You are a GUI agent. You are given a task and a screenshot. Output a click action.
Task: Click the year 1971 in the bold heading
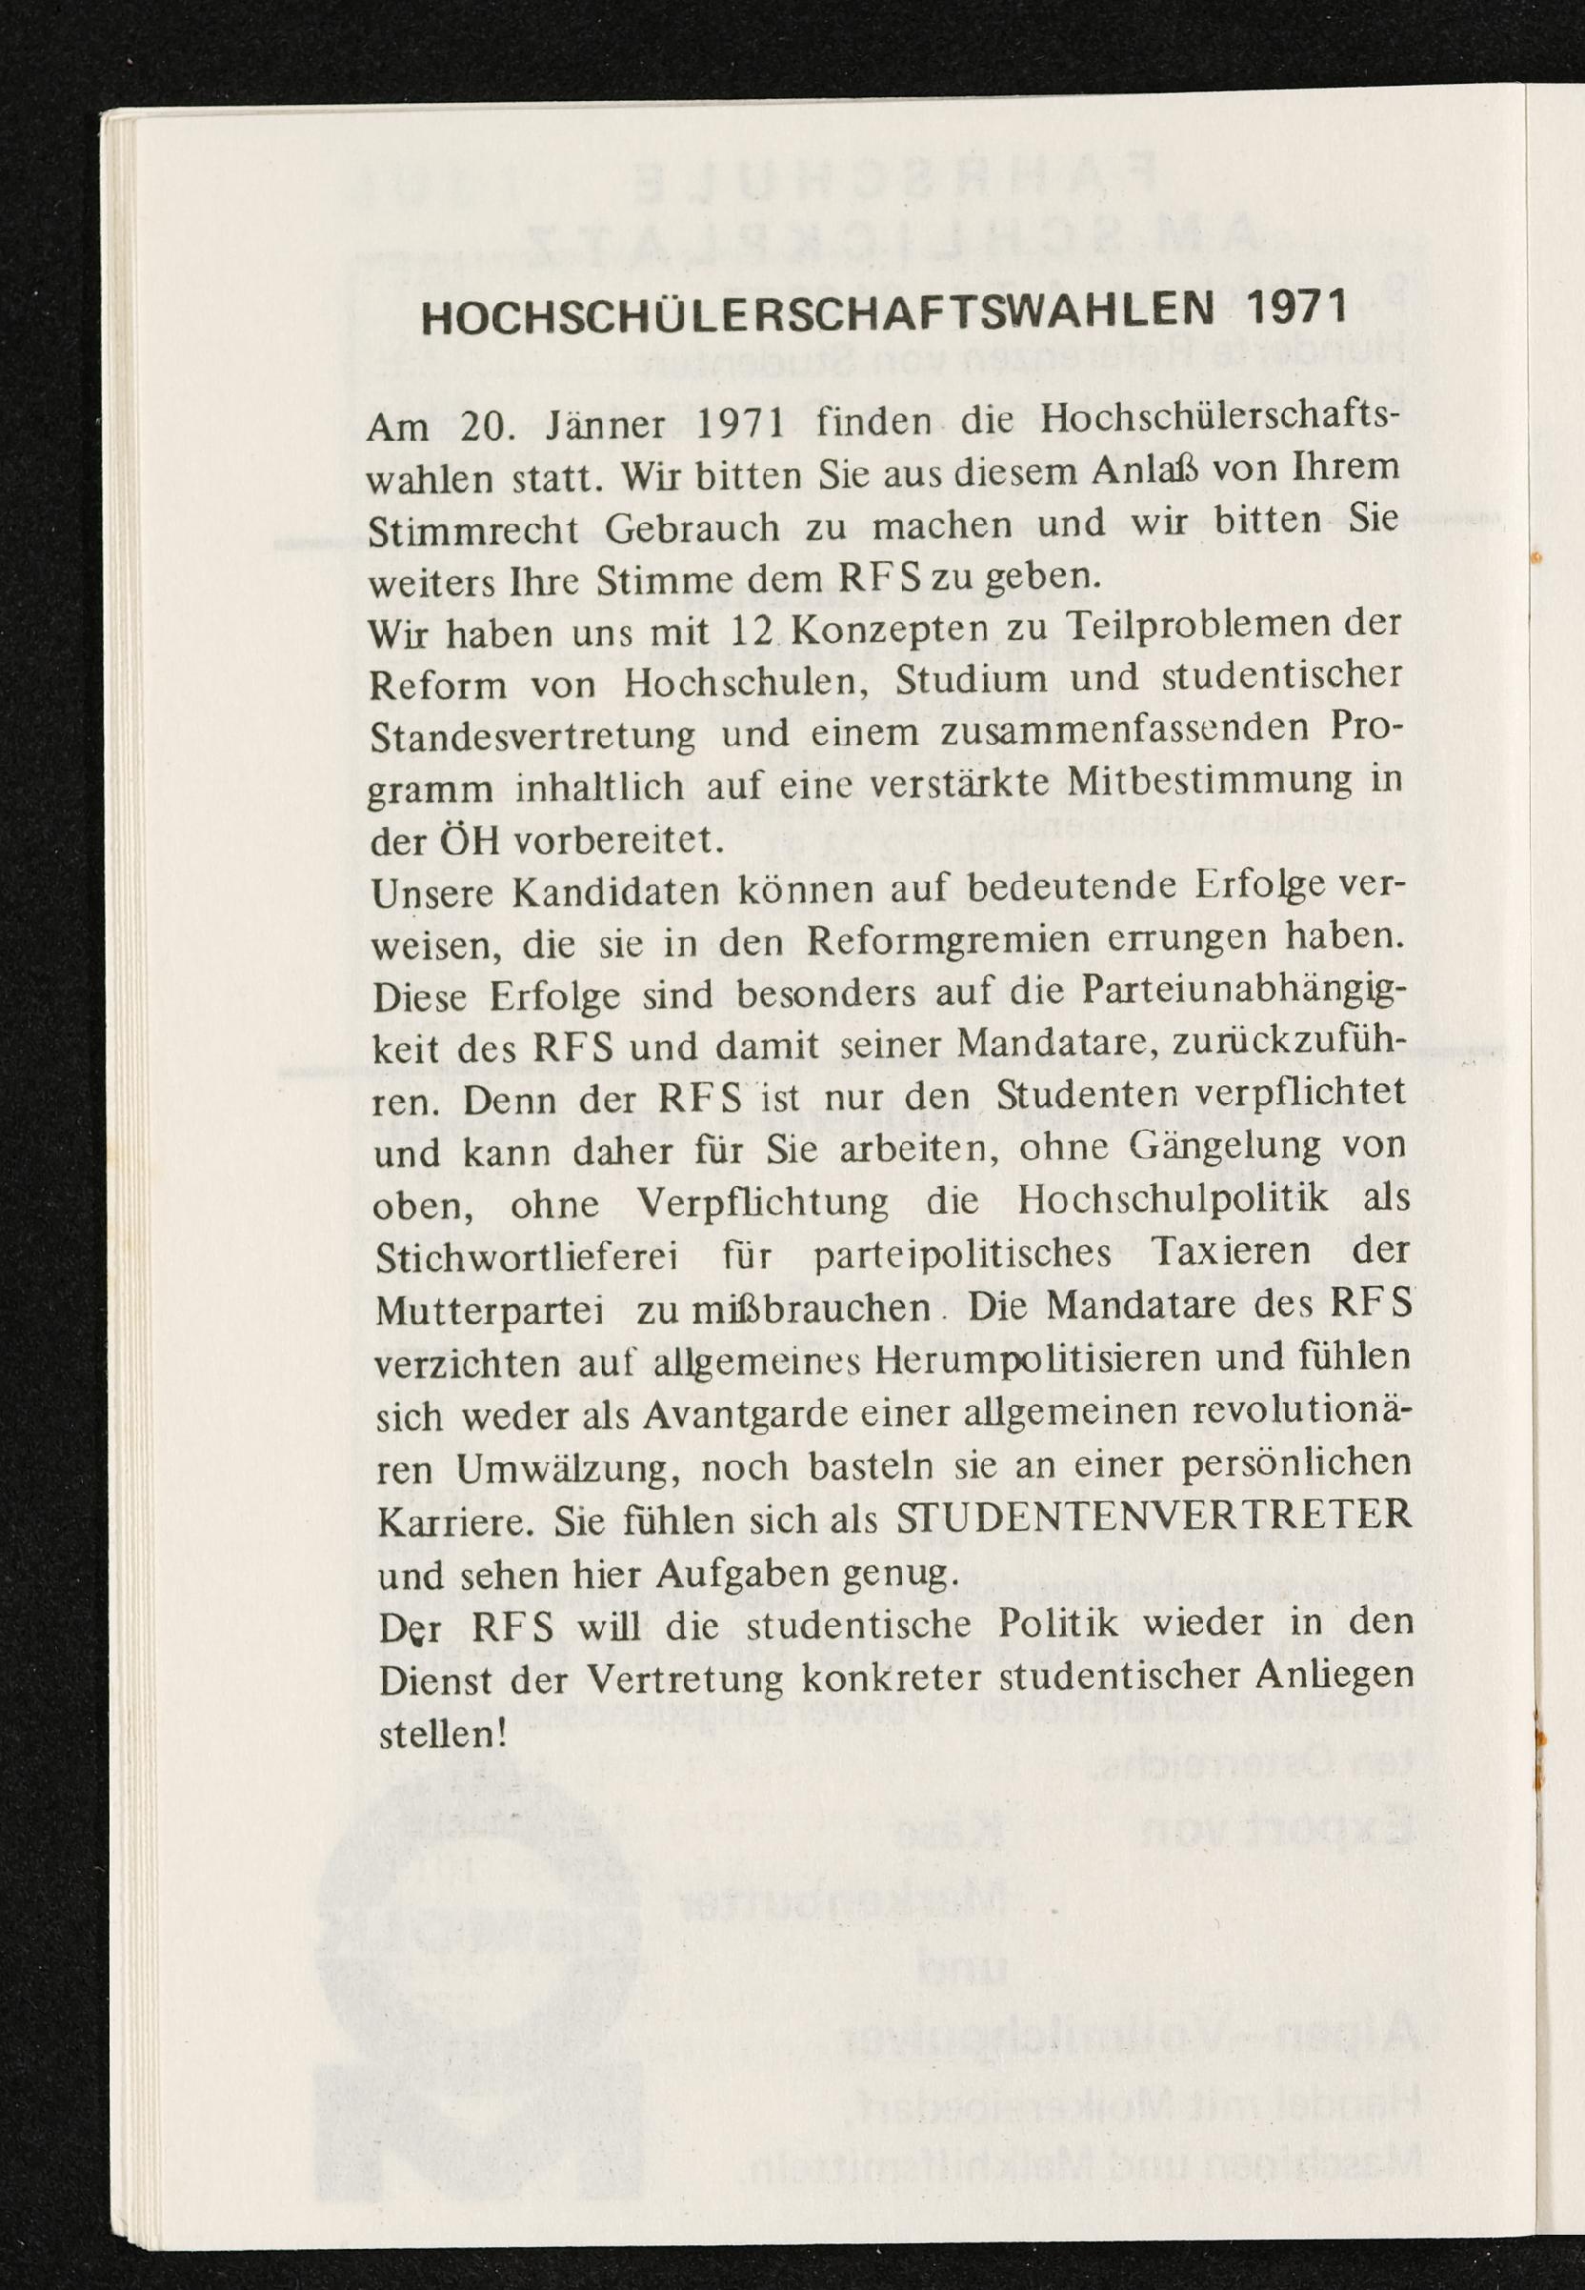pyautogui.click(x=1297, y=308)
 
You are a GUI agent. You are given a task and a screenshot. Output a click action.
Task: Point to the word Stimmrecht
pyautogui.click(x=473, y=532)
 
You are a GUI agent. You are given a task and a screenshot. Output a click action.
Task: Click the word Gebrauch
pyautogui.click(x=692, y=529)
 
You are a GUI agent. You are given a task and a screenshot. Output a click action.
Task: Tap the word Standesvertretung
pyautogui.click(x=533, y=737)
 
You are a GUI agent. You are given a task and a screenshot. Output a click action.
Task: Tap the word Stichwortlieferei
pyautogui.click(x=528, y=1257)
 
